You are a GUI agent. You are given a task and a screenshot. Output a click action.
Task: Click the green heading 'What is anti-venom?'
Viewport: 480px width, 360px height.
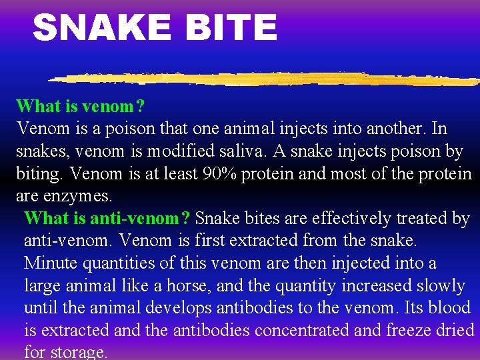click(107, 218)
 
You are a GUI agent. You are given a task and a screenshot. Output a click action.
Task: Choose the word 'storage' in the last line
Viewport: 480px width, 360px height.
click(79, 352)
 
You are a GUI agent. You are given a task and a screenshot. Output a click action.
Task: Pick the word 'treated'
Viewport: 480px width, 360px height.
click(419, 218)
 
